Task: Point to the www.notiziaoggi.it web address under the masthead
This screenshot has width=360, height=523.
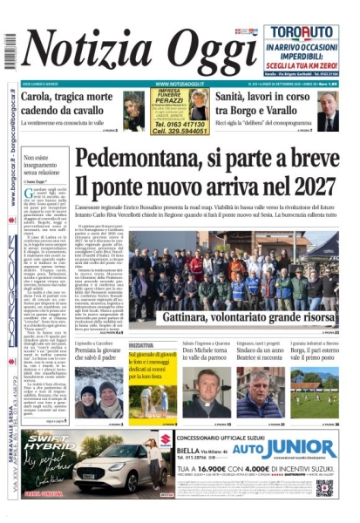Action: pos(179,84)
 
